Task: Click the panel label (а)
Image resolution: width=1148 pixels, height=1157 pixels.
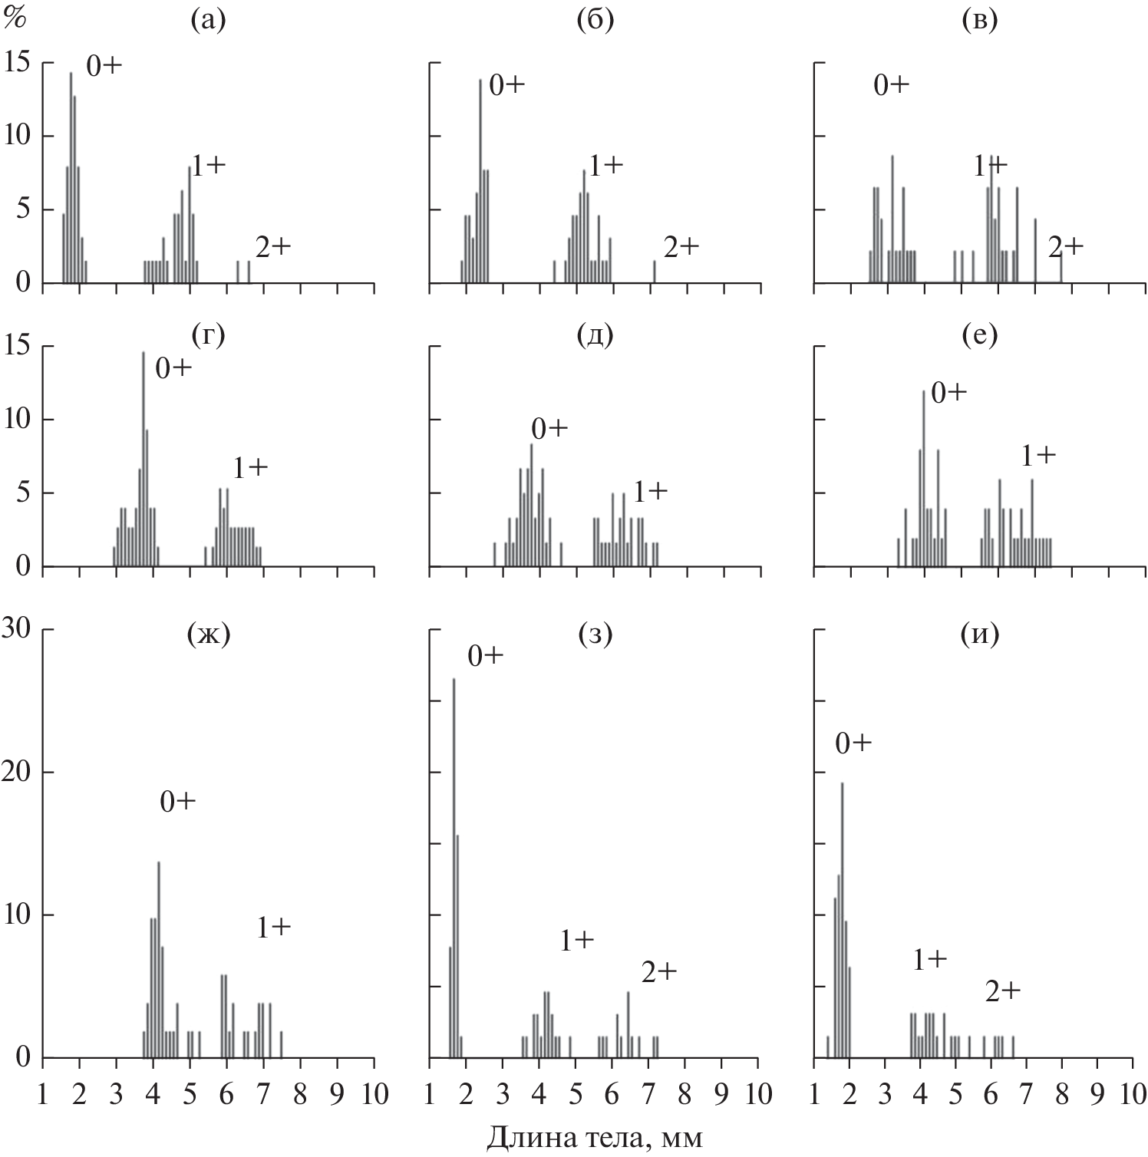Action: (x=208, y=21)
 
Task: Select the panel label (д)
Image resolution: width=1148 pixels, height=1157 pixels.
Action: (x=595, y=335)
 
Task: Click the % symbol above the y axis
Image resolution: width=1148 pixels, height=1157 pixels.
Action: (x=15, y=19)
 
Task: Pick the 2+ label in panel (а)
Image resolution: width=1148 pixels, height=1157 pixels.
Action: (x=273, y=246)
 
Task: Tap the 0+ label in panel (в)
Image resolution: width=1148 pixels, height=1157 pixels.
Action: (x=891, y=84)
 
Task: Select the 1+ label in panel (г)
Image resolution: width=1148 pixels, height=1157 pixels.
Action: (x=249, y=467)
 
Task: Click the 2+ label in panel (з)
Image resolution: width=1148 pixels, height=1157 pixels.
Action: (x=659, y=972)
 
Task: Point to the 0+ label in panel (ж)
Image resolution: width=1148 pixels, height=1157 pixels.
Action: (x=178, y=801)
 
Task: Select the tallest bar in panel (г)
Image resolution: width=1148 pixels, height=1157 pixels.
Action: (x=143, y=460)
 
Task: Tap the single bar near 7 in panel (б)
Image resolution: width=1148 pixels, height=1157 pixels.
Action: (x=654, y=272)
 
